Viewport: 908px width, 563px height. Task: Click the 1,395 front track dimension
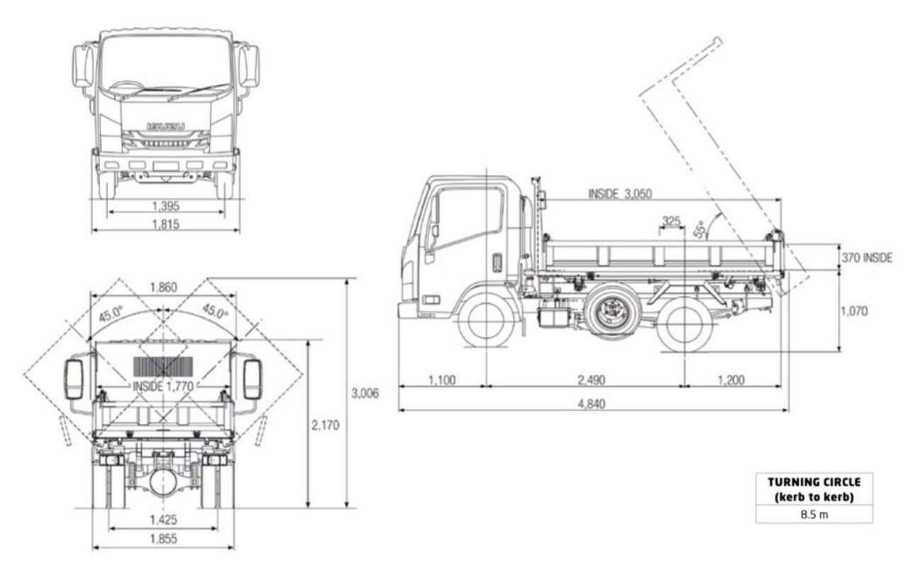coord(165,206)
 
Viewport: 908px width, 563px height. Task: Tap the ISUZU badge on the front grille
coord(166,126)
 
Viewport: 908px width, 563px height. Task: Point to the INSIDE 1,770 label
coord(165,386)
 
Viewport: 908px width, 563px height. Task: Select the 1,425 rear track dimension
coord(163,520)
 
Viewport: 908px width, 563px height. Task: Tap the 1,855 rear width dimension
coord(163,539)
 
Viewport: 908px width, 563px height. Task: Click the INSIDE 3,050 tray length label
coord(619,194)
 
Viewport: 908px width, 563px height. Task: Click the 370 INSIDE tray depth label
coord(865,258)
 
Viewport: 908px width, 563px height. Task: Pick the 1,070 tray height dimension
coord(853,311)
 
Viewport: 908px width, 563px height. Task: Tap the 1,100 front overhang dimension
coord(441,380)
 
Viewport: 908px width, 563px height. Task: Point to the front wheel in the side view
coord(487,322)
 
